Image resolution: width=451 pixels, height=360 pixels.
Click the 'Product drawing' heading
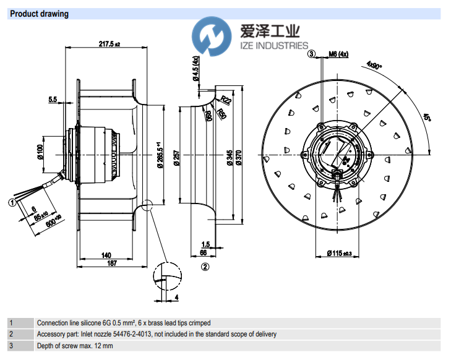tap(40, 14)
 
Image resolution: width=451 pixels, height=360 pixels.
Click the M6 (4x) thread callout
tap(338, 54)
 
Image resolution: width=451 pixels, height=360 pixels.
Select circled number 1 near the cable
tap(12, 201)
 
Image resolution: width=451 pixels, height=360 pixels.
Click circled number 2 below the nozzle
tap(205, 267)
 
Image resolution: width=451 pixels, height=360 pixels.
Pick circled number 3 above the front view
tap(312, 54)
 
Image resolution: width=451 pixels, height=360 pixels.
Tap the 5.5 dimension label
tap(53, 99)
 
